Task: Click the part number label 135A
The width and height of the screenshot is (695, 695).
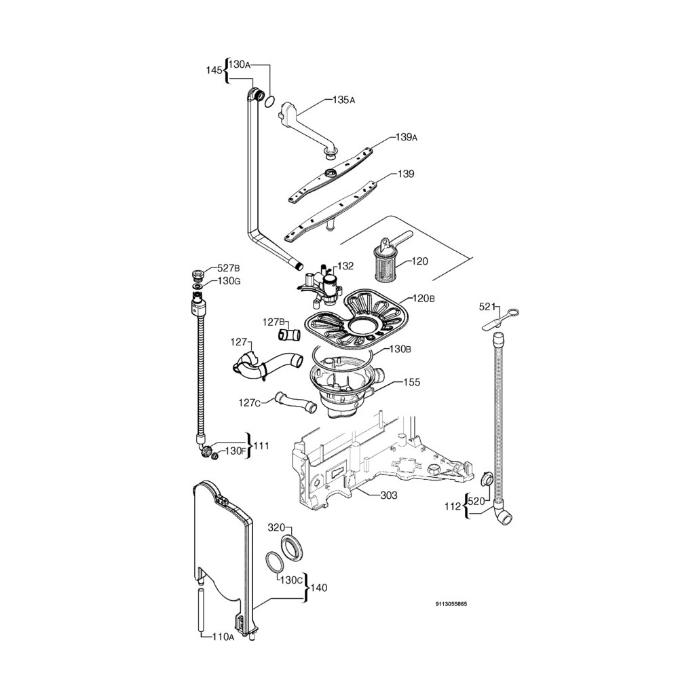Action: pos(343,100)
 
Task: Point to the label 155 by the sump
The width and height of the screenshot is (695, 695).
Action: pos(412,382)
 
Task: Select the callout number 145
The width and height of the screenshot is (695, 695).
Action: pos(214,70)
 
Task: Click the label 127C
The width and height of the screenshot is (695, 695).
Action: pos(249,402)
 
